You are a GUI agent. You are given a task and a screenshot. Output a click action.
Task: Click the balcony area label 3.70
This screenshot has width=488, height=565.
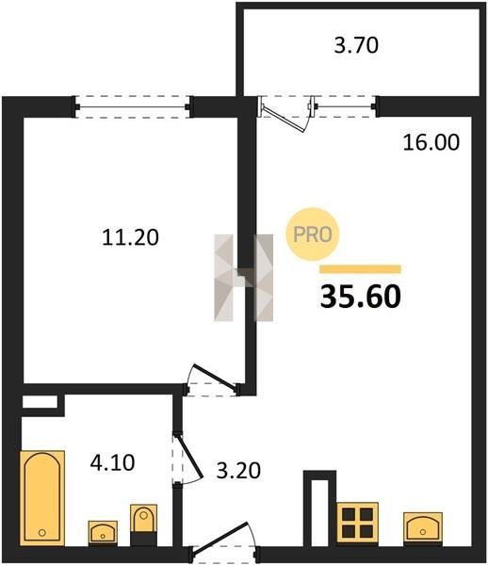click(356, 46)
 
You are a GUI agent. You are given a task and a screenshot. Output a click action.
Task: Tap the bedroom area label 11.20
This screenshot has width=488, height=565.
click(130, 237)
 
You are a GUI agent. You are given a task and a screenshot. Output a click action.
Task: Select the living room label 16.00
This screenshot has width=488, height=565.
click(431, 142)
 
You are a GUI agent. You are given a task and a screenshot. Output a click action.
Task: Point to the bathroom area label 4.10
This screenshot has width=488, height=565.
click(112, 462)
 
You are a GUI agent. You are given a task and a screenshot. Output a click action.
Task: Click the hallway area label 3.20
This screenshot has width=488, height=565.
click(238, 471)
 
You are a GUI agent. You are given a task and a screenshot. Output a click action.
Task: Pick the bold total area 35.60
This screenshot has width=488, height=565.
click(361, 297)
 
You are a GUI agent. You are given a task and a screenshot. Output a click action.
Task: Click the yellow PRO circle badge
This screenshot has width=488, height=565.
click(313, 234)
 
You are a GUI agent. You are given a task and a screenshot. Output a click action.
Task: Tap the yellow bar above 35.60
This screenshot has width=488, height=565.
click(361, 269)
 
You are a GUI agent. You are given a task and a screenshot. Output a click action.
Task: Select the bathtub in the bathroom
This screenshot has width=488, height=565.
click(42, 497)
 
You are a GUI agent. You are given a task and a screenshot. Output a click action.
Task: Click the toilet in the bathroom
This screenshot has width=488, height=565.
click(143, 525)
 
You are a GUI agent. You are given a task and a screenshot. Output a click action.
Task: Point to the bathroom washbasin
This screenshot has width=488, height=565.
click(103, 532)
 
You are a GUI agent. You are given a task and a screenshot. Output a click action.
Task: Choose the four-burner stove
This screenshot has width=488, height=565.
click(357, 523)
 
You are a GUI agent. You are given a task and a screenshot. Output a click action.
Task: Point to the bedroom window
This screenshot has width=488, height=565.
click(132, 106)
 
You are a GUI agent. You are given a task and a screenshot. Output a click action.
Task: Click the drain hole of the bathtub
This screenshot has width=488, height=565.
click(41, 532)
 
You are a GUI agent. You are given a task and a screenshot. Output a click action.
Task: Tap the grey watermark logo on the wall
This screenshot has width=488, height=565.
click(244, 278)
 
